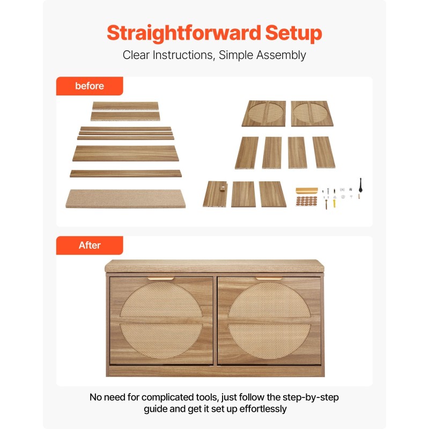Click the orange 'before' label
(90, 86)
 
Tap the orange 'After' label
(90, 246)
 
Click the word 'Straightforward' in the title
(183, 33)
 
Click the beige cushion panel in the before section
(125, 198)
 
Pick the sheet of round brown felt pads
(306, 201)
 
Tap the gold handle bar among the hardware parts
(307, 190)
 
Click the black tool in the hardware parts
(360, 186)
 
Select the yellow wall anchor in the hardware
(334, 204)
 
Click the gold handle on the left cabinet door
(161, 278)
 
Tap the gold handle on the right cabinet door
(269, 278)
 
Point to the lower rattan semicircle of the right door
(270, 341)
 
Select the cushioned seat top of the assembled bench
(214, 266)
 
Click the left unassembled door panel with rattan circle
(264, 114)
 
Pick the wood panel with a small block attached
(216, 194)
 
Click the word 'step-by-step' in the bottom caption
(310, 397)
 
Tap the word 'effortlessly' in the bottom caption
(263, 409)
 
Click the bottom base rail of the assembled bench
(216, 372)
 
